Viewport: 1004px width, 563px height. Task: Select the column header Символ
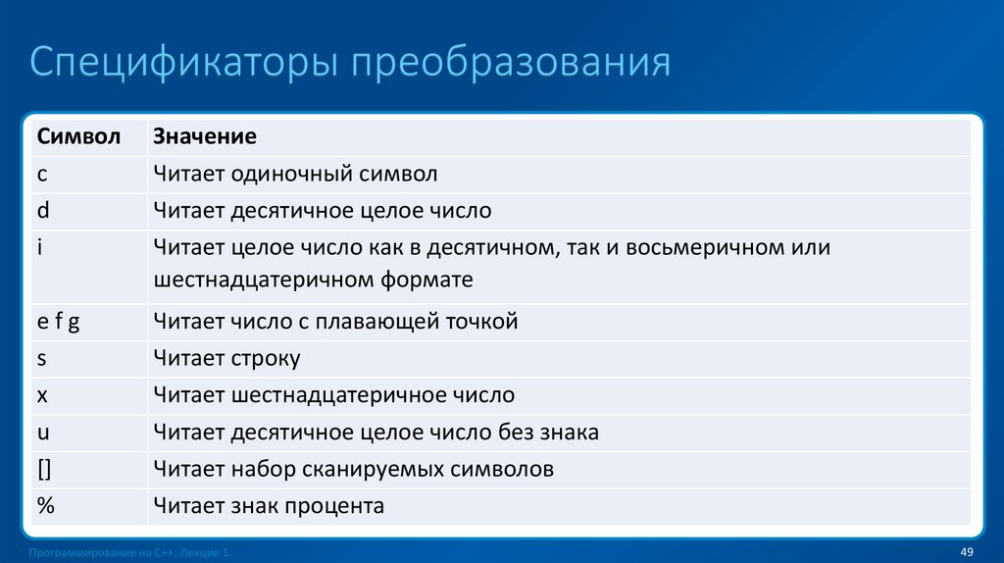click(x=78, y=136)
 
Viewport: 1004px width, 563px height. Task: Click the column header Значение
click(x=204, y=136)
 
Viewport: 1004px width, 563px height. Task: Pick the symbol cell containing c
click(x=42, y=174)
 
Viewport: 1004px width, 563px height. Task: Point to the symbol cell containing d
click(x=43, y=210)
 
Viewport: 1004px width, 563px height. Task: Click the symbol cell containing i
click(x=39, y=247)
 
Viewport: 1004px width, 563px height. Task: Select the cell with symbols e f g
click(x=58, y=321)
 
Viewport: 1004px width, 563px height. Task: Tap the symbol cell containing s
click(x=42, y=358)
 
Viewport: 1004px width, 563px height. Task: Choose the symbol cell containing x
click(x=42, y=395)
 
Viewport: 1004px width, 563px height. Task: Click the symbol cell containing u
click(x=43, y=432)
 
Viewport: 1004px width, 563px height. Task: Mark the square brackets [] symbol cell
click(x=44, y=469)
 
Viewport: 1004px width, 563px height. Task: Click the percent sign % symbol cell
click(x=45, y=506)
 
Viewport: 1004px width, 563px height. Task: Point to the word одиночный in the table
click(x=279, y=174)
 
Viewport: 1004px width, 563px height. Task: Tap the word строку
click(x=267, y=358)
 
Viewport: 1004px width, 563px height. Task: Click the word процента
click(x=334, y=506)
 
